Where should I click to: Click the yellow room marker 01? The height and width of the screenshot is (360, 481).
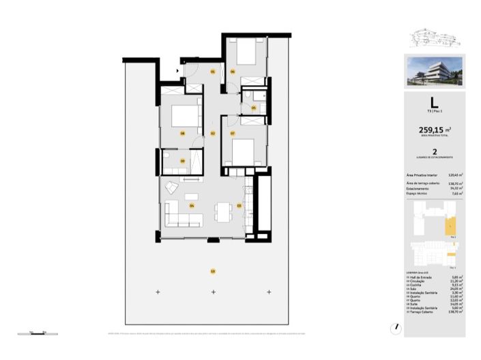[x=212, y=72]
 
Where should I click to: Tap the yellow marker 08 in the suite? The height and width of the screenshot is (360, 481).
[x=183, y=133]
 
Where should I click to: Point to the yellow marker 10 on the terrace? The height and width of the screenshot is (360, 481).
[x=213, y=271]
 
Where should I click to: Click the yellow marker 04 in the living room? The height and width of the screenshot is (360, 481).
[x=192, y=205]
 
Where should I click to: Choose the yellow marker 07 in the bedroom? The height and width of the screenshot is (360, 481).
[x=232, y=133]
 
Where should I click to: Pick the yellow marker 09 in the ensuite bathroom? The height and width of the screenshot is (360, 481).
[x=182, y=161]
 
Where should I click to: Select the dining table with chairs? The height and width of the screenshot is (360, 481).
[x=222, y=211]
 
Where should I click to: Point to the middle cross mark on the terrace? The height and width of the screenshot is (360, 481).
[x=213, y=292]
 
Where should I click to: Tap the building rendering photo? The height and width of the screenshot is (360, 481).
[x=435, y=72]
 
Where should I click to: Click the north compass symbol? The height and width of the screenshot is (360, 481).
[x=394, y=327]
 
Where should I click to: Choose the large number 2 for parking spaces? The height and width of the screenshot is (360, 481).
[x=435, y=153]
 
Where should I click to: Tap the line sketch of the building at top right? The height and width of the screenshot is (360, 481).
[x=435, y=38]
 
